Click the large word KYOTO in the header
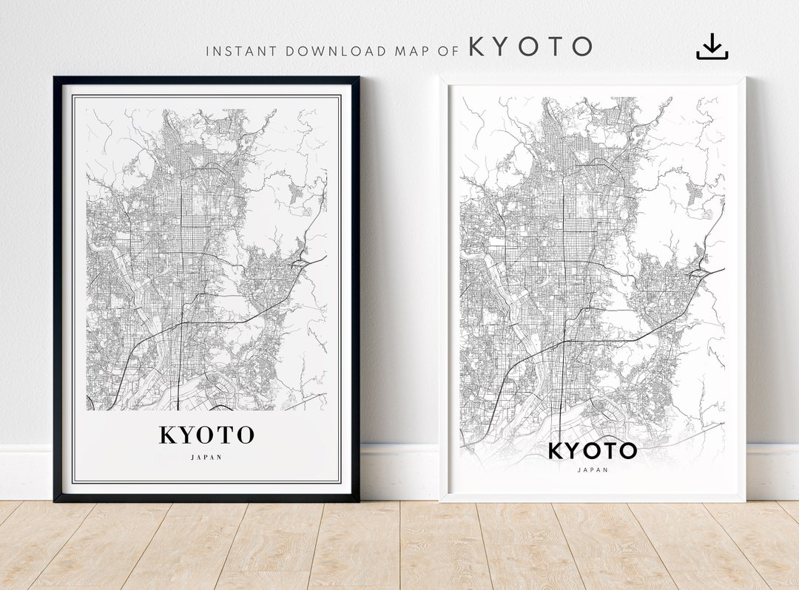click(x=530, y=47)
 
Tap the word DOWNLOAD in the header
click(x=336, y=51)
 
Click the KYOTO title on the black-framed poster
click(x=206, y=435)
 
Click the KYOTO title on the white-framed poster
click(x=593, y=450)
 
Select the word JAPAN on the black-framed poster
click(x=206, y=457)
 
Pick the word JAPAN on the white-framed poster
click(x=593, y=469)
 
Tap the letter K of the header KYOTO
click(x=479, y=47)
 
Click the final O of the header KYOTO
click(x=581, y=47)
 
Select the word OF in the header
click(x=448, y=51)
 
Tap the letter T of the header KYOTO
click(x=555, y=47)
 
